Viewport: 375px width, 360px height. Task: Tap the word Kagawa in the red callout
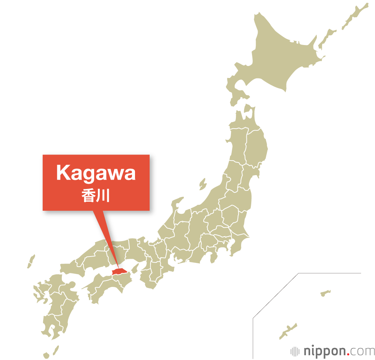(96, 173)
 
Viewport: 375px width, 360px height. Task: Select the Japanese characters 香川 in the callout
(96, 196)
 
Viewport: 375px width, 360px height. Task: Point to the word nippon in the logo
(324, 351)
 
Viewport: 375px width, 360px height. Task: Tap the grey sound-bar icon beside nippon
(295, 351)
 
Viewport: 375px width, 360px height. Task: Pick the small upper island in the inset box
(325, 292)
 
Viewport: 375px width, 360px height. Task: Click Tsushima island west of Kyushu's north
(31, 261)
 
